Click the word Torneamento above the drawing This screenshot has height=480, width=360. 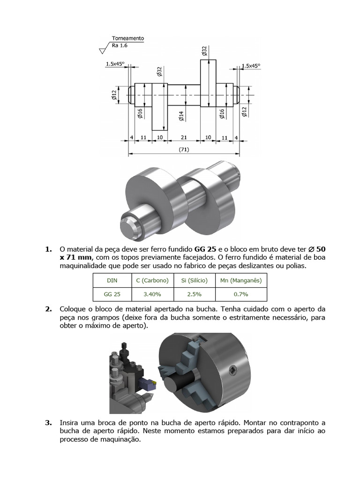[128, 38]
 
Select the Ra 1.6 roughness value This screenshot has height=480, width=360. [120, 45]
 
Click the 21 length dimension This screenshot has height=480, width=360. [184, 137]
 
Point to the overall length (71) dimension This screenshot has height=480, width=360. [184, 150]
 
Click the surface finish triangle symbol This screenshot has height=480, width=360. [105, 49]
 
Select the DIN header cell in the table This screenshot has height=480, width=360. [112, 281]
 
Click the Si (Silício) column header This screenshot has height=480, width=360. [194, 281]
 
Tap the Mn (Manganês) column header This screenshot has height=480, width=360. [241, 281]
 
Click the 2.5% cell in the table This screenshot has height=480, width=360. [194, 294]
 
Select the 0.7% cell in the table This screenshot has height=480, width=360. [241, 294]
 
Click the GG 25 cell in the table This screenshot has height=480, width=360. [112, 294]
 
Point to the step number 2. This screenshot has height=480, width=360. [48, 309]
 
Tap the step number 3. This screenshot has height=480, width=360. [48, 422]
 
